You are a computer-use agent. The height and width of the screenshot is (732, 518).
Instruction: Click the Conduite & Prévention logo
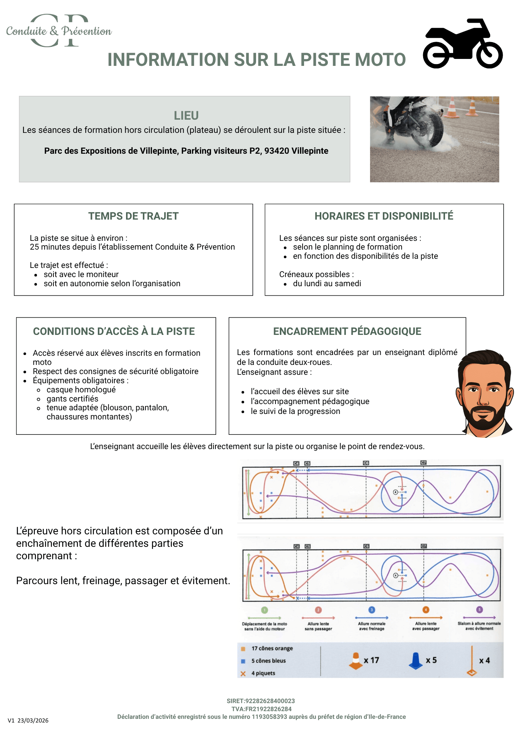click(x=59, y=31)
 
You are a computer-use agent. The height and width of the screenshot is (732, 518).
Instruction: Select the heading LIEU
click(x=186, y=115)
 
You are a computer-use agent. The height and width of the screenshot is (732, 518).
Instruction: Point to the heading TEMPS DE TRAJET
click(x=133, y=216)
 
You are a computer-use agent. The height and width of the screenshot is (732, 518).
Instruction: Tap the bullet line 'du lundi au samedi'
click(x=327, y=284)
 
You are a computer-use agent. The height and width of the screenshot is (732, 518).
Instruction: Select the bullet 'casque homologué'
click(x=81, y=390)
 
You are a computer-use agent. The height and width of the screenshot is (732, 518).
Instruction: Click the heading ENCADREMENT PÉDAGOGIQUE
click(x=347, y=331)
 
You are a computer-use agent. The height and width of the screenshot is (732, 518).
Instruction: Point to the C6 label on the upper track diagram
click(x=366, y=463)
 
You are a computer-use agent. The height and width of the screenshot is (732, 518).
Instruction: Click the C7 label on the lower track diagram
click(x=423, y=546)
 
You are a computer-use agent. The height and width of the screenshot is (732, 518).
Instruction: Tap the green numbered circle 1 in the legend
click(x=264, y=610)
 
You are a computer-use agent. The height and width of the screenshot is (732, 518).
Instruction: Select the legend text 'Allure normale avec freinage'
click(x=371, y=626)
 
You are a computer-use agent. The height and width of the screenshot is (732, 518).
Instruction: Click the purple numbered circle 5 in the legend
click(x=479, y=610)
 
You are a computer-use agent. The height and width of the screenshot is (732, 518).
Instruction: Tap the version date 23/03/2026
click(x=33, y=721)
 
